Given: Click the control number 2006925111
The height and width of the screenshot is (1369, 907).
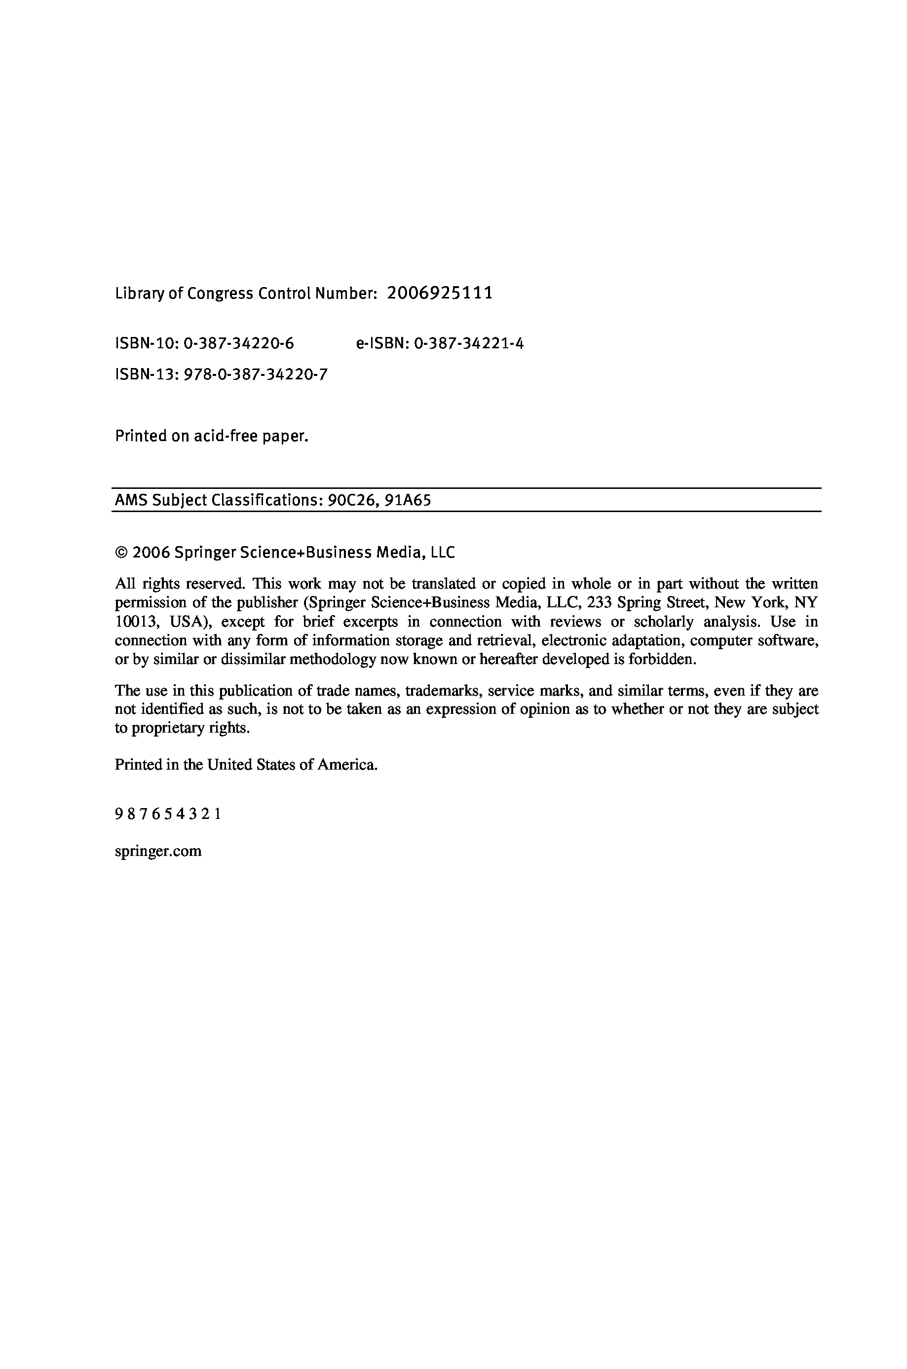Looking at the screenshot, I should [x=440, y=293].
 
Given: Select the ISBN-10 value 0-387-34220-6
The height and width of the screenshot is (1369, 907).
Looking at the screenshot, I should [x=239, y=344].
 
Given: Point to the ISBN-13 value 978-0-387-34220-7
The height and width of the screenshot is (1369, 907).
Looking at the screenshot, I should [x=256, y=375].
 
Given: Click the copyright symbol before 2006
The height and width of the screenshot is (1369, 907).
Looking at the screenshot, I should [x=121, y=553].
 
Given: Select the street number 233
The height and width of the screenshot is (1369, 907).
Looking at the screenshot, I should [x=599, y=603].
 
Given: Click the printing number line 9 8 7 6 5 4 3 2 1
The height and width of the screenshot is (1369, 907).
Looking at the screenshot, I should [x=168, y=814].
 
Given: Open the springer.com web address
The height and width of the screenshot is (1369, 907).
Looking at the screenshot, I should [x=158, y=851].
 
